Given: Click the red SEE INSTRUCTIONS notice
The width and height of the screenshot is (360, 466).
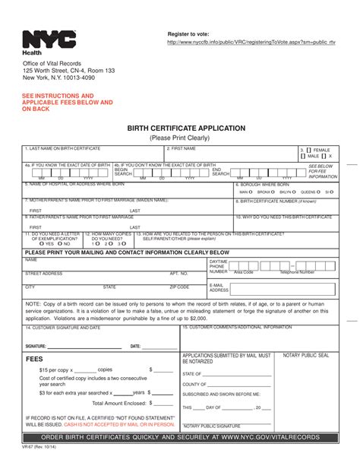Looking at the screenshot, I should (x=67, y=103).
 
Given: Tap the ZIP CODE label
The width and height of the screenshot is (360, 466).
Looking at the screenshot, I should (x=179, y=287).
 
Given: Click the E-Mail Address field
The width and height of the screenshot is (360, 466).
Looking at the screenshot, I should (x=281, y=290).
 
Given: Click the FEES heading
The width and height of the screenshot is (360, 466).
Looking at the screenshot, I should (x=34, y=357).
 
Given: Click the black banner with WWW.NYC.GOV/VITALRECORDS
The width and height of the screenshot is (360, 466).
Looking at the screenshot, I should (x=179, y=438).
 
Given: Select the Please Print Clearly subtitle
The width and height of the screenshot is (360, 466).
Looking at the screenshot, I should (x=179, y=139).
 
